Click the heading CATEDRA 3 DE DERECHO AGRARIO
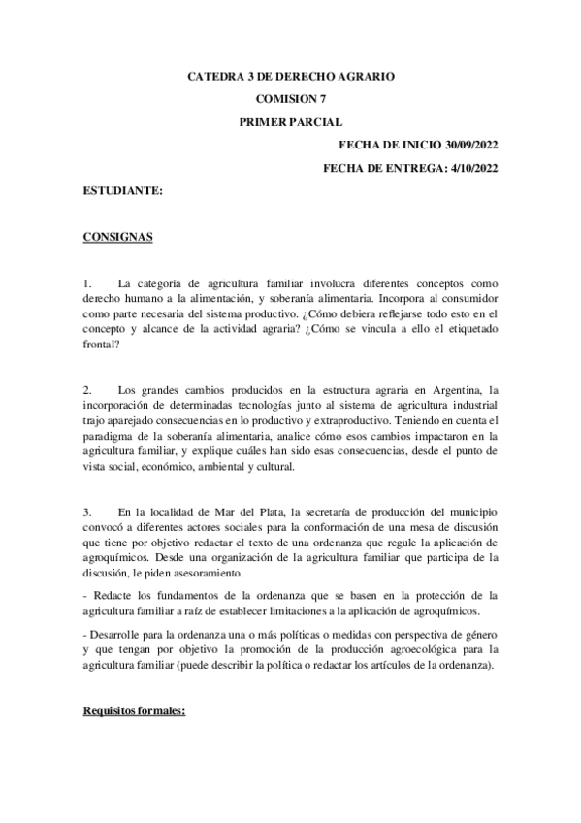pyautogui.click(x=290, y=75)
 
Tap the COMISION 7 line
pyautogui.click(x=290, y=98)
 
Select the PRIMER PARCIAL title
pyautogui.click(x=290, y=121)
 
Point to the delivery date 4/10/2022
pyautogui.click(x=469, y=168)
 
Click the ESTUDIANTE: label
pyautogui.click(x=122, y=191)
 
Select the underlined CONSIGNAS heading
pyautogui.click(x=117, y=238)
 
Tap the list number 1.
pyautogui.click(x=86, y=282)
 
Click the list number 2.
pyautogui.click(x=86, y=390)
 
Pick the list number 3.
pyautogui.click(x=86, y=511)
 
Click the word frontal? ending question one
pyautogui.click(x=101, y=343)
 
